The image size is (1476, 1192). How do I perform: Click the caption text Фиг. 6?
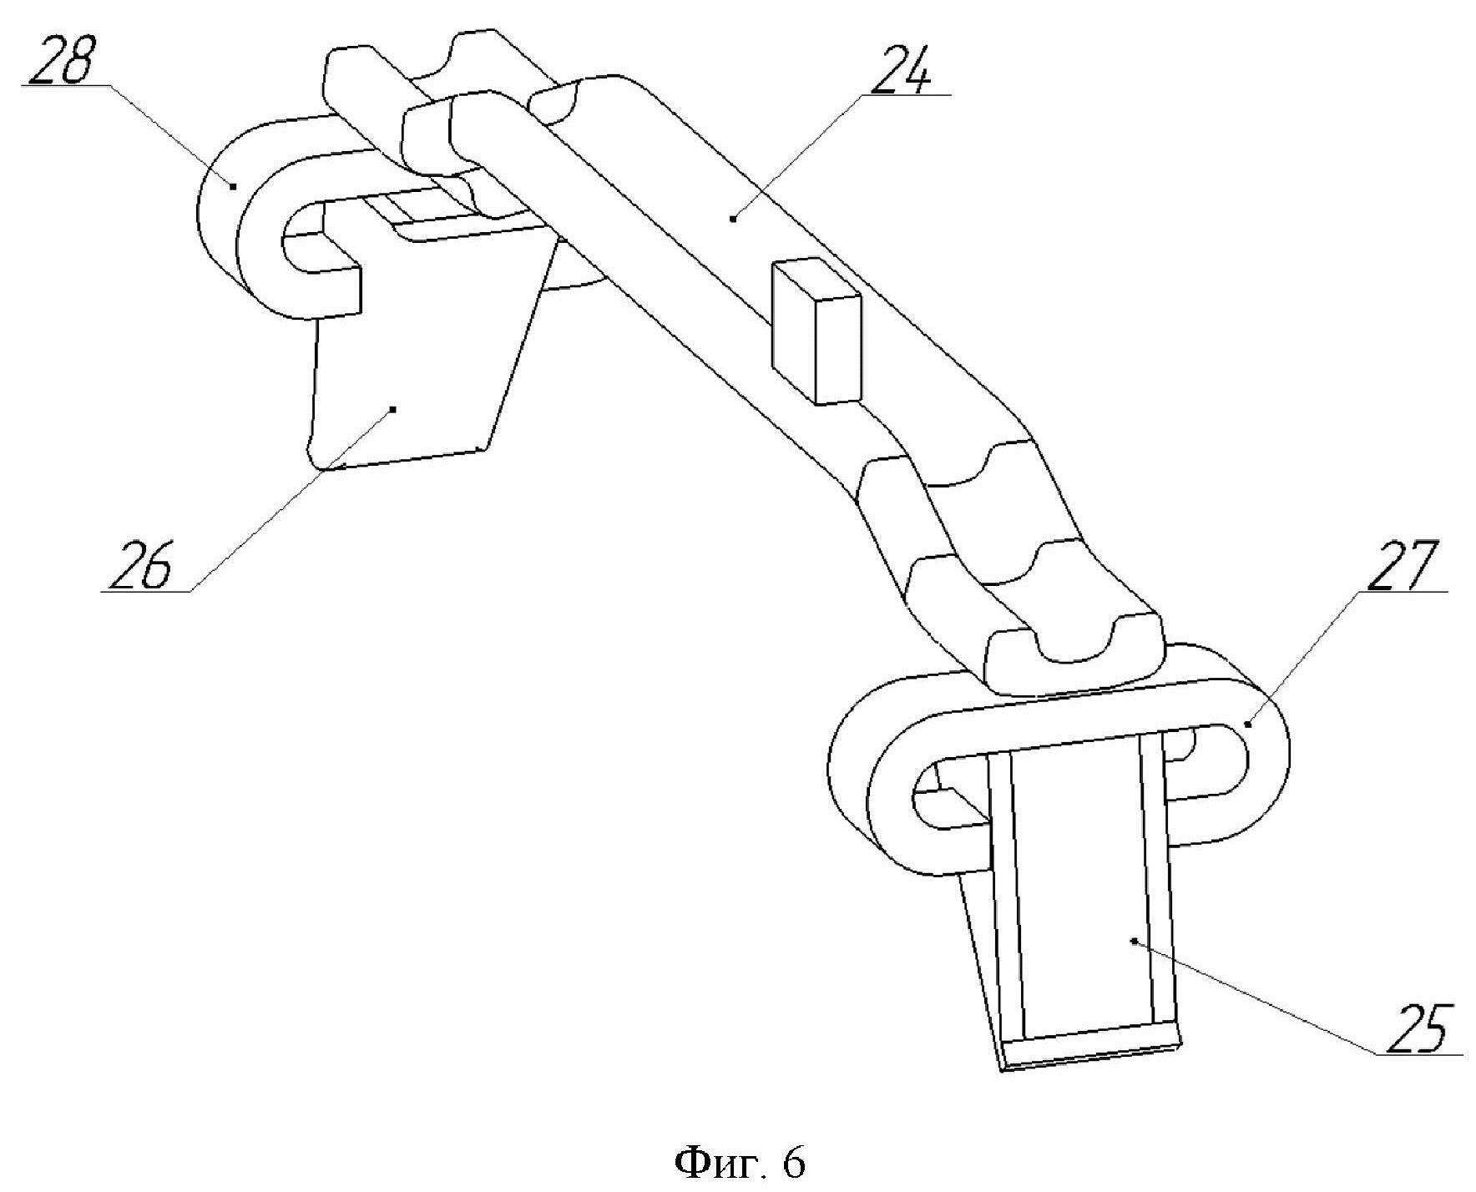point(738,1163)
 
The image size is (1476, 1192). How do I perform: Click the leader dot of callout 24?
point(733,218)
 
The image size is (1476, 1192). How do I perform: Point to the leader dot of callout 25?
point(1133,941)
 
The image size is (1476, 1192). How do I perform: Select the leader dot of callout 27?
point(1248,725)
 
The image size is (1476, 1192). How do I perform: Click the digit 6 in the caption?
point(793,1163)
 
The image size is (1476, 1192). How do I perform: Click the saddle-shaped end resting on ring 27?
point(1073,659)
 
